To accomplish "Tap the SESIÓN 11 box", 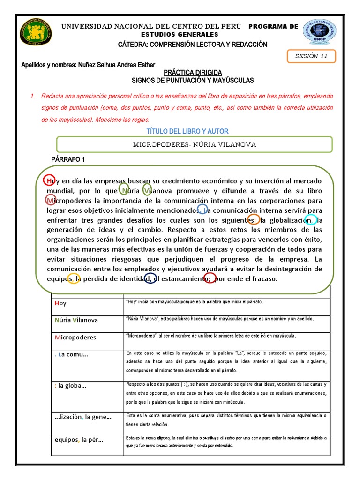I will pos(311,56).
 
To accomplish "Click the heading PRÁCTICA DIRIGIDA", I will pos(193,73).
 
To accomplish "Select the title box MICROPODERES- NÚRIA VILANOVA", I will pos(194,144).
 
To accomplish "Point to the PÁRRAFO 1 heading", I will pos(68,159).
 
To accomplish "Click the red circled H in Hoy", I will pos(49,180).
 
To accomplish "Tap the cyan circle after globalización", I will pos(310,219).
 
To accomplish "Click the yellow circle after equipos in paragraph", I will pos(74,278).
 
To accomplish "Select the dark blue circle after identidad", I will pos(150,278).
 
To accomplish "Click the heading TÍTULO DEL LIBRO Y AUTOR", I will pos(187,131).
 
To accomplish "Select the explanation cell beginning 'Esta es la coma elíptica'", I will pos(226,441).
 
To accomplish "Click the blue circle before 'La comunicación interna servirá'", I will pos(202,209).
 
